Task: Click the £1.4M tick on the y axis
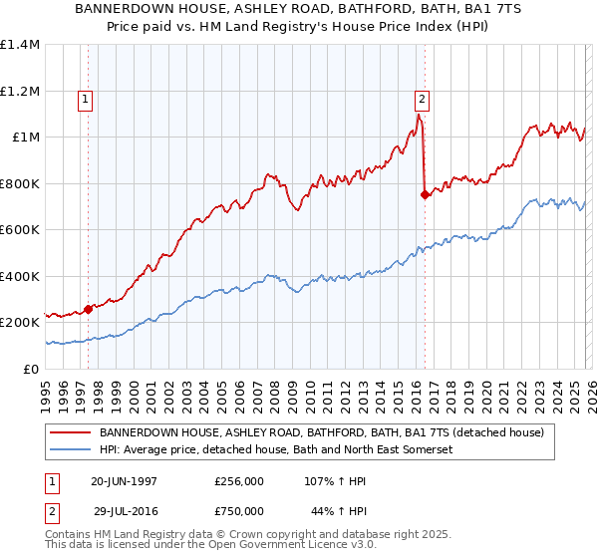[20, 45]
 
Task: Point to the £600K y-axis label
[20, 230]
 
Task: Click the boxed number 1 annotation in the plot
[86, 99]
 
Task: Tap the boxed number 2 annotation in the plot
[422, 99]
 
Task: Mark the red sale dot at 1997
[89, 310]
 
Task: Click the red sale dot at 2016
[426, 195]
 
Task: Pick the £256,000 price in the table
[239, 480]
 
